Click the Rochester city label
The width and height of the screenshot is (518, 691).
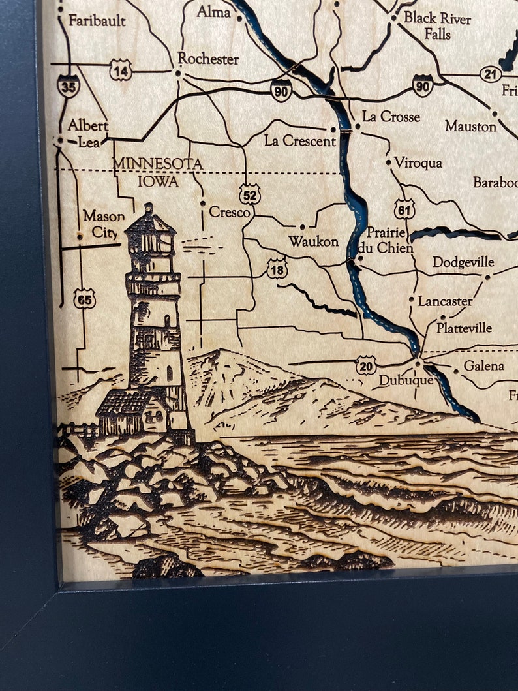click(x=208, y=59)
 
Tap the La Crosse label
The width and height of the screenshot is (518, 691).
click(x=391, y=117)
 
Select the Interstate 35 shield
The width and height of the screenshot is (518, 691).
click(x=68, y=85)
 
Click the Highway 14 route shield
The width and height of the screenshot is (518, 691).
click(x=121, y=70)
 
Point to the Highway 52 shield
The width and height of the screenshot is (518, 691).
click(x=249, y=194)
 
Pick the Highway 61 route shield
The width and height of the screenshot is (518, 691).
click(x=404, y=209)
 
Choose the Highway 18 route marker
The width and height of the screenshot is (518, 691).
click(x=277, y=268)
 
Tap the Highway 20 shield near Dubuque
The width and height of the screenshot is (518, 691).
click(x=366, y=366)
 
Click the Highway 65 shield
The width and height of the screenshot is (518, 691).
click(x=84, y=298)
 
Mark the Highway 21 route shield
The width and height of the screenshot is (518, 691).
click(x=491, y=74)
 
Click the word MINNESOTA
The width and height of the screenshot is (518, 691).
click(x=158, y=164)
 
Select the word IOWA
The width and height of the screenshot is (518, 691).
click(x=158, y=181)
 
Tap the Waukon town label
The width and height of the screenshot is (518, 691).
click(x=314, y=242)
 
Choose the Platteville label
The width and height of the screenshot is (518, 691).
click(x=464, y=328)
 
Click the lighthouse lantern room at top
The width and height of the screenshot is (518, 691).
click(x=151, y=236)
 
